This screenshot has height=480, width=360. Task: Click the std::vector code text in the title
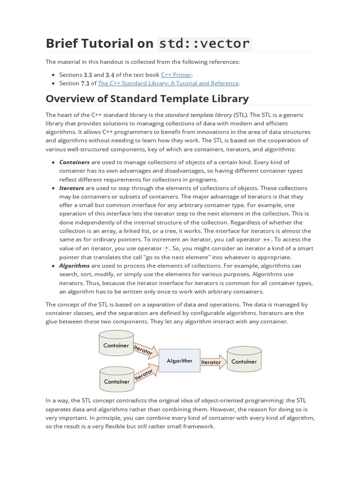(205, 44)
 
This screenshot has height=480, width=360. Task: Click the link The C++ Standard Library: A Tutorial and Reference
(168, 83)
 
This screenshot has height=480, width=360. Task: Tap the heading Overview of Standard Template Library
(147, 98)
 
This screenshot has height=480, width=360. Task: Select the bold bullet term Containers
(75, 162)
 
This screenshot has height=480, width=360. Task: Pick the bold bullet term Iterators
(72, 188)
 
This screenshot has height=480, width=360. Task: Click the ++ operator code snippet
(267, 240)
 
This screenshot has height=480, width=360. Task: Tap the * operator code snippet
(166, 248)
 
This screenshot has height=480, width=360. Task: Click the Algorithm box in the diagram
(180, 361)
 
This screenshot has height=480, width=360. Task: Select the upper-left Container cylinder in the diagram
(116, 345)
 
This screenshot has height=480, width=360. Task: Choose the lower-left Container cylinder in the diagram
(116, 381)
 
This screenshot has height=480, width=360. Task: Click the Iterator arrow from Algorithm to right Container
(211, 362)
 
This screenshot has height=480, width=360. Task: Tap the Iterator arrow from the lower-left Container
(144, 374)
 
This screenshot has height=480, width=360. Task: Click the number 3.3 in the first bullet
(88, 75)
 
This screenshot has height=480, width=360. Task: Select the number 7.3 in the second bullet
(85, 83)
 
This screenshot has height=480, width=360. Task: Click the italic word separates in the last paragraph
(58, 409)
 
